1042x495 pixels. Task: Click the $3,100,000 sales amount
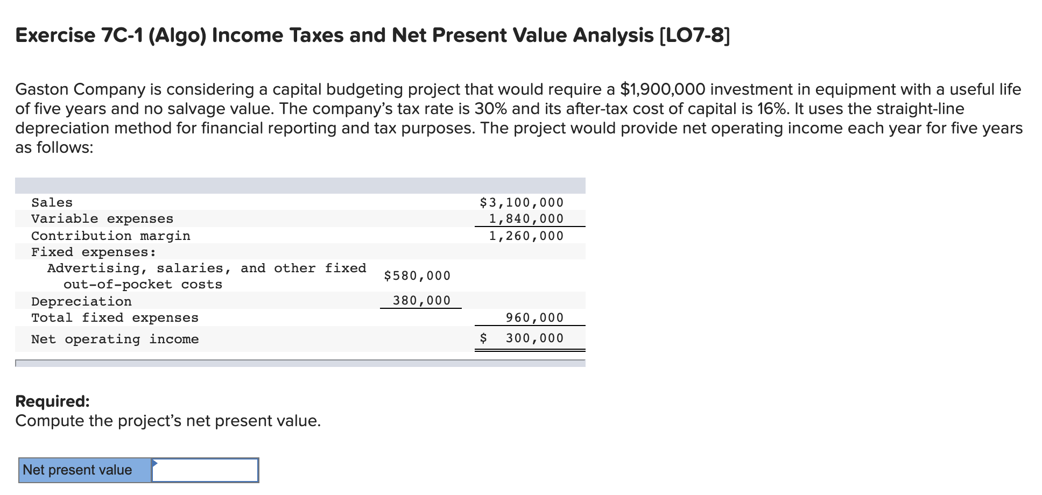point(522,203)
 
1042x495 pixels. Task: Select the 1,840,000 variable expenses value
point(526,219)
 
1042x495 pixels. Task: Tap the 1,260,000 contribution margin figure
point(526,236)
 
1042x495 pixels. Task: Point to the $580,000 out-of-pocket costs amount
point(417,276)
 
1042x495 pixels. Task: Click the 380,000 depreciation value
point(421,301)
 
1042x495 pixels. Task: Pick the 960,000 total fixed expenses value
point(534,318)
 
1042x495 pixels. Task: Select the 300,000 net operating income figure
point(534,338)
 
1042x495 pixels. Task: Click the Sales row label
point(52,203)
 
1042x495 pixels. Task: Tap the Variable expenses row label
point(102,219)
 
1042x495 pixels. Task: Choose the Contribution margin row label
point(110,236)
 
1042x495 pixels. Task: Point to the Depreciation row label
point(81,302)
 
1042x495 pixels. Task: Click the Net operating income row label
point(115,340)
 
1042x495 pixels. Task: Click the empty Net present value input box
point(205,470)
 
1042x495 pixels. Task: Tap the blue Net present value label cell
point(85,470)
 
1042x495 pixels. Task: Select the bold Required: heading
point(52,401)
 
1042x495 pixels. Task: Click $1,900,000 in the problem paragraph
point(663,89)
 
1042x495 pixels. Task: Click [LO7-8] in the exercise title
point(694,36)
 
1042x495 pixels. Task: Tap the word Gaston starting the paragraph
point(42,89)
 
